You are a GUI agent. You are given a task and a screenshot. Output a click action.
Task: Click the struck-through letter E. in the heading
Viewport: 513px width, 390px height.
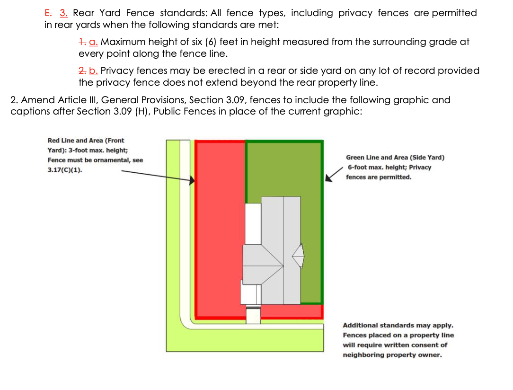(x=49, y=13)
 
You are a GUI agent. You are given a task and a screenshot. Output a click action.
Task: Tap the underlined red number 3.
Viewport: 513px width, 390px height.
(x=64, y=13)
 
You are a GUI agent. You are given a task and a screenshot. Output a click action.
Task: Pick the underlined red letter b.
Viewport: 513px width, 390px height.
(x=94, y=71)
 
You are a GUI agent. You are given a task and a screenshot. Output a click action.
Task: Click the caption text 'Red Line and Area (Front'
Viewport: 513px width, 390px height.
(x=86, y=141)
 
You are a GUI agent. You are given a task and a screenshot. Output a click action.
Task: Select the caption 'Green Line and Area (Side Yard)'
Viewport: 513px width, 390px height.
(x=395, y=158)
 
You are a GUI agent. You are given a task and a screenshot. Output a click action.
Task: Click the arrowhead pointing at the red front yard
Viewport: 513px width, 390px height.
(x=192, y=180)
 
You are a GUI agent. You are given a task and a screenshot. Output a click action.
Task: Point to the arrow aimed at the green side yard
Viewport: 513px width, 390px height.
(x=333, y=174)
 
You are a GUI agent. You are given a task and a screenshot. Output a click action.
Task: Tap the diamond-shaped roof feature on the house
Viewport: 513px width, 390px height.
(x=298, y=256)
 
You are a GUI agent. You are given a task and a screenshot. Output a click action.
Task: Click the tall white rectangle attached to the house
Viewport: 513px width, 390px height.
(x=253, y=223)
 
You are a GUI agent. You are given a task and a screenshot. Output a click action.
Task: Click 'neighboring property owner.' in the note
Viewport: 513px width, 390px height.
(x=392, y=355)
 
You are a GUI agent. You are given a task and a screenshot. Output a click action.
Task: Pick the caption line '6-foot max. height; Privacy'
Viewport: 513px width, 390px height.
(x=389, y=168)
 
